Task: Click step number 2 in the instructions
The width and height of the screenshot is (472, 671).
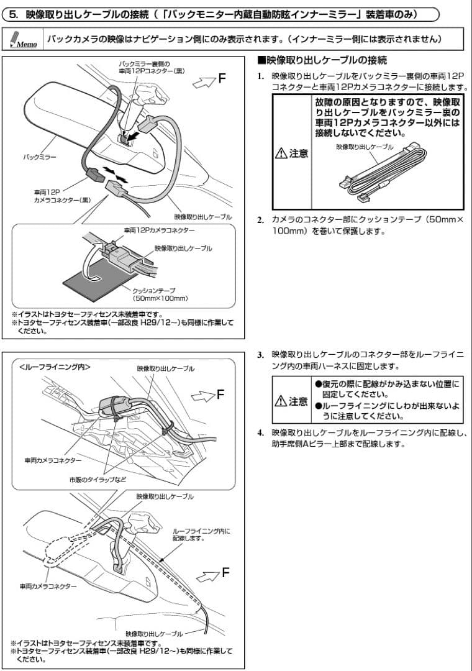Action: coord(261,220)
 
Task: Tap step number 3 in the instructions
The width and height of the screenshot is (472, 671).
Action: coord(261,354)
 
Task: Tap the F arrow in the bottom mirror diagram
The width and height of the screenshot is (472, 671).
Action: coord(214,573)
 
